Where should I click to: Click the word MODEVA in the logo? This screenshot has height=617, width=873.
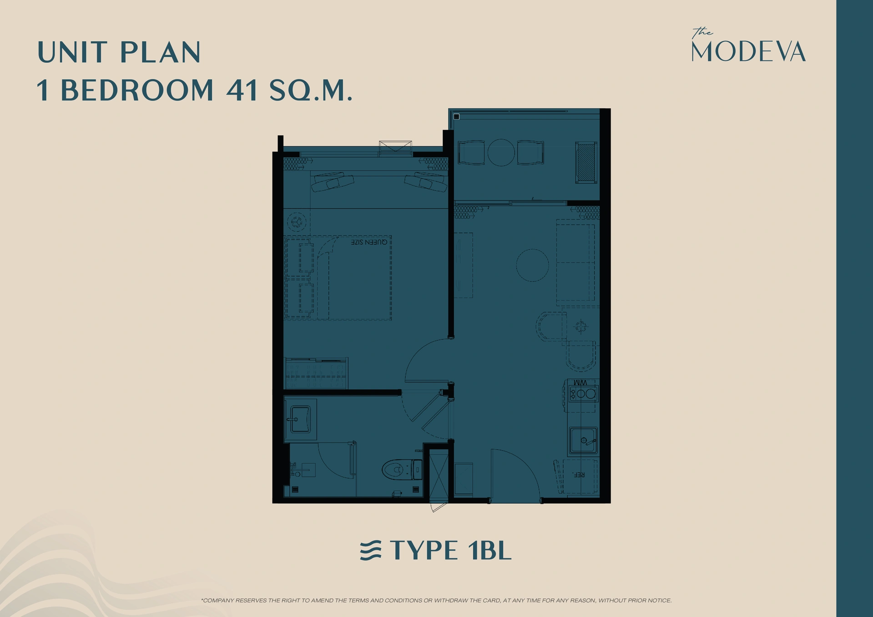(x=748, y=52)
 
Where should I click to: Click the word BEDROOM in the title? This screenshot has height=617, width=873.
(x=137, y=90)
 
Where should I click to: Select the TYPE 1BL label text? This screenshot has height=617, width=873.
(x=450, y=551)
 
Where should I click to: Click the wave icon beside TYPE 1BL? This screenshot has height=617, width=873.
(x=370, y=551)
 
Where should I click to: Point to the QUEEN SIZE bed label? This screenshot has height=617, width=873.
(x=369, y=242)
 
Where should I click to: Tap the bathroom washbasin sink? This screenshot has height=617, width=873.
(x=299, y=419)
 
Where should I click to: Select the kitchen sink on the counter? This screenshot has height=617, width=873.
(x=583, y=440)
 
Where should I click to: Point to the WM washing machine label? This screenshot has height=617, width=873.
(x=580, y=383)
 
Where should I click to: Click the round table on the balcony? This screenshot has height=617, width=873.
(x=501, y=152)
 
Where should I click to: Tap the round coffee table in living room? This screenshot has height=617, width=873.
(x=532, y=265)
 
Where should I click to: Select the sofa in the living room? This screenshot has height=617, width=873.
(x=575, y=263)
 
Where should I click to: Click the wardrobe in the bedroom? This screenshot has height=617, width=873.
(x=316, y=373)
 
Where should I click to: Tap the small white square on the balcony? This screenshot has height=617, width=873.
(x=456, y=117)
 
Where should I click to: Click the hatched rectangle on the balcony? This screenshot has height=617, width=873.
(x=586, y=162)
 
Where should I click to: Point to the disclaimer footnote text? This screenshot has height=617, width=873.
(x=436, y=601)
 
